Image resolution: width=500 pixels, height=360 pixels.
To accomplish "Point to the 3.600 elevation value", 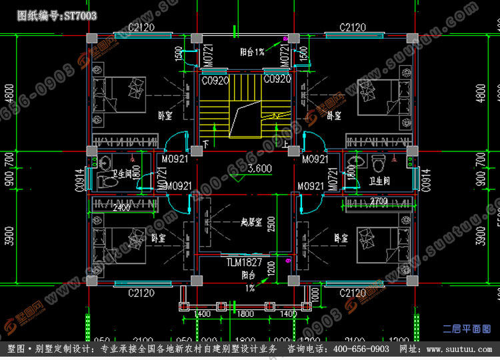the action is click(x=258, y=169).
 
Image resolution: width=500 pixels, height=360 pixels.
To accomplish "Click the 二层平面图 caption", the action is click(x=467, y=329).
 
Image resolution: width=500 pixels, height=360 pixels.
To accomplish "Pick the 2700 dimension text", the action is click(x=378, y=201).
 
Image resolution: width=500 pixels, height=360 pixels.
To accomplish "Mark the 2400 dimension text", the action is click(x=121, y=208).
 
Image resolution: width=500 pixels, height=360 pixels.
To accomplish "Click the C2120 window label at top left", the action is click(x=141, y=27).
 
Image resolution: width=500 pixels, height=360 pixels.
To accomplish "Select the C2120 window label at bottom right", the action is click(x=353, y=293).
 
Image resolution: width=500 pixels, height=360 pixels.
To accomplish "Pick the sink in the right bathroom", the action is click(x=358, y=160).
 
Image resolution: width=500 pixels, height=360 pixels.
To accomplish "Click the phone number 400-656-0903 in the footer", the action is click(x=360, y=349).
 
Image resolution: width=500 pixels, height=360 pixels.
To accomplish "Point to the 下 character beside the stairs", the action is click(x=206, y=144).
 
